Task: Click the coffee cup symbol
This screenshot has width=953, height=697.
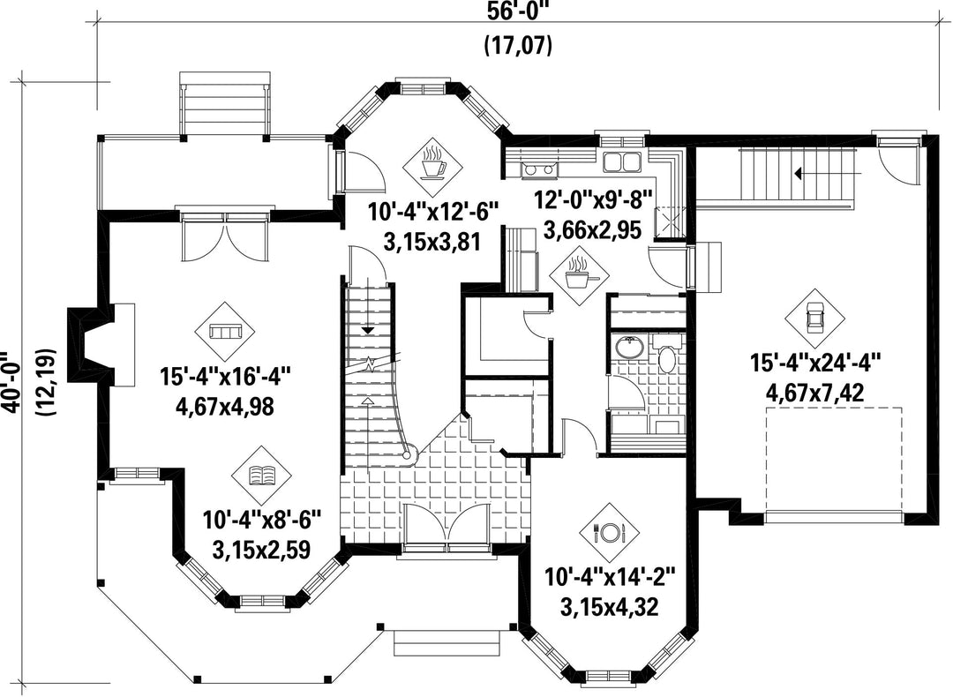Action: [x=434, y=163]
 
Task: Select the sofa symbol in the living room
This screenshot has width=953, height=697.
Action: [x=226, y=331]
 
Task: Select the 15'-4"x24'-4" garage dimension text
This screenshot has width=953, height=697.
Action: [x=815, y=364]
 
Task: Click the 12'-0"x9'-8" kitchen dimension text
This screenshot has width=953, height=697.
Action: [x=593, y=199]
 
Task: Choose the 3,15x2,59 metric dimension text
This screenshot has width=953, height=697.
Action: [x=261, y=550]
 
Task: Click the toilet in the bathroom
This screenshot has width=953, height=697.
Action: [x=667, y=356]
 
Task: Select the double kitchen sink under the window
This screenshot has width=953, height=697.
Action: [x=622, y=162]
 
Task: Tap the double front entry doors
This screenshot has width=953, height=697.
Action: [x=445, y=524]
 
